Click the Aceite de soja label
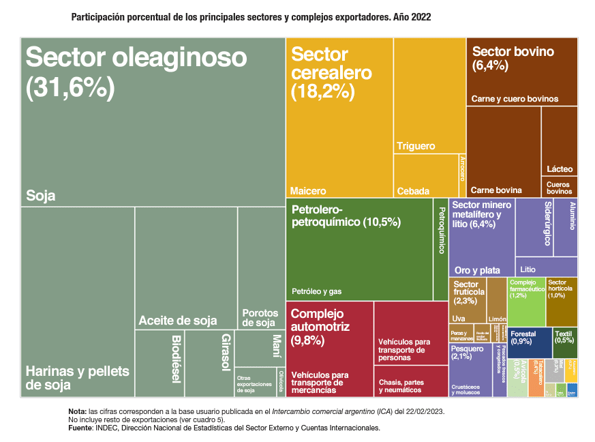point(177,321)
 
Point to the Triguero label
point(416,147)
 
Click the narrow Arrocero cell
point(462,175)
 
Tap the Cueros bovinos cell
point(560,186)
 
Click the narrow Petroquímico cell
point(440,249)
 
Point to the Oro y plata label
point(477,270)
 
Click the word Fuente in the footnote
point(80,428)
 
